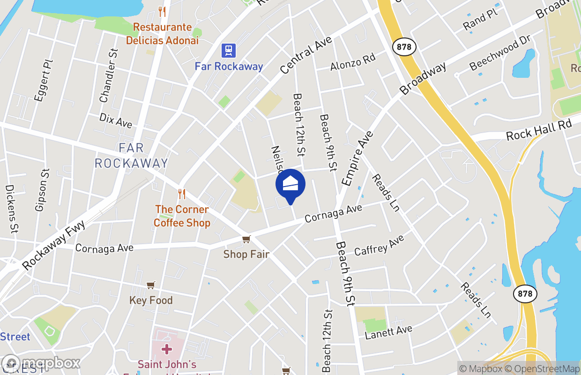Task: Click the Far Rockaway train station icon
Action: [x=229, y=51]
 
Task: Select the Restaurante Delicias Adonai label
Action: [x=162, y=34]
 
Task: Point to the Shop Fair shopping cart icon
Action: [x=246, y=240]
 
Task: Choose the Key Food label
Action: [x=151, y=300]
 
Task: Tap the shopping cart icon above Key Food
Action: [x=150, y=285]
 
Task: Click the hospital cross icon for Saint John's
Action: [x=166, y=349]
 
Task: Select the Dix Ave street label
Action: [x=116, y=120]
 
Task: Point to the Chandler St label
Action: [x=108, y=75]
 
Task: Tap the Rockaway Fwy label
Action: [x=53, y=245]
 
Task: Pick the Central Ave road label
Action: [x=306, y=55]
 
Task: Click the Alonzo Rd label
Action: [x=353, y=62]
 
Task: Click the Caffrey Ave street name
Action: [x=379, y=245]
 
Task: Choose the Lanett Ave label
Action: [x=388, y=331]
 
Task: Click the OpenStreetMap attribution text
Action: [x=544, y=369]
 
